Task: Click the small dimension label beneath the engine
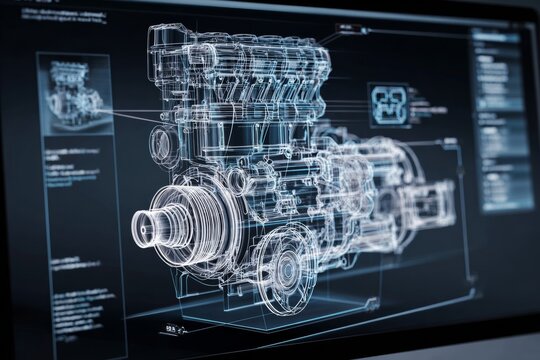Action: click(171, 326)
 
